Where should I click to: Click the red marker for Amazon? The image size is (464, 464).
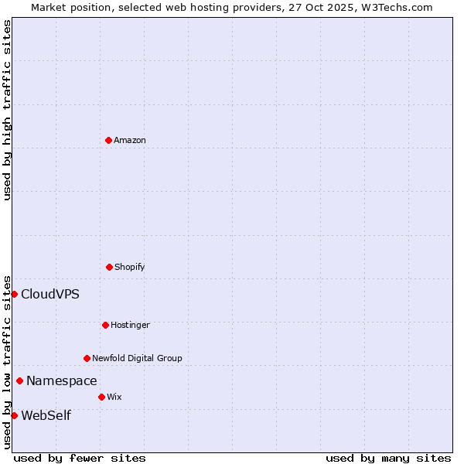coord(108,140)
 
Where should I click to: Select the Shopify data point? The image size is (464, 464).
coord(109,267)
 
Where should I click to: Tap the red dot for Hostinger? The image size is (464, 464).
coord(105,325)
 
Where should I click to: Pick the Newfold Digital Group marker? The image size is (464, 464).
coord(87,358)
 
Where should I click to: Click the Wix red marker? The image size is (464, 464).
coord(101,397)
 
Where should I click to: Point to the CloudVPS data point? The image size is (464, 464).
coord(14,294)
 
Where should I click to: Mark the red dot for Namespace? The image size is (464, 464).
coord(19,380)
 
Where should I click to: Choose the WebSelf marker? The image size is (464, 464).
coord(14,415)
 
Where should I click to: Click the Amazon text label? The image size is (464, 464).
coord(130,140)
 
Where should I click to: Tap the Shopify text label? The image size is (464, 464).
coord(130,267)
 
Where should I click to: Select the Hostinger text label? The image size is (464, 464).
coord(130,325)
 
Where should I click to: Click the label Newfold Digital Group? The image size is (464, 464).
coord(137,358)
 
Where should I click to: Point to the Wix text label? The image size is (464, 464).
coord(114,397)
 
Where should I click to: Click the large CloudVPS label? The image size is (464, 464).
coord(50,294)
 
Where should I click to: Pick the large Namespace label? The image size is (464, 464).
coord(62,380)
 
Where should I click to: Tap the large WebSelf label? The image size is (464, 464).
coord(46,415)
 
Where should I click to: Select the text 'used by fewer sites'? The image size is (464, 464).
coord(80,458)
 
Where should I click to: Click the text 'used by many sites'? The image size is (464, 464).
coord(388,458)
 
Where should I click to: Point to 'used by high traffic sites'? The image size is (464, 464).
coord(7,110)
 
